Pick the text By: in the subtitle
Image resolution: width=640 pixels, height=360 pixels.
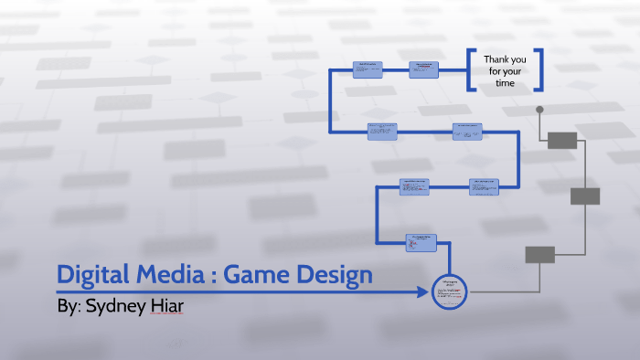69,306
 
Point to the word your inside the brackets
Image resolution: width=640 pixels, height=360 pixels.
517,71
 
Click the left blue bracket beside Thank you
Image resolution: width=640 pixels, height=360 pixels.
470,70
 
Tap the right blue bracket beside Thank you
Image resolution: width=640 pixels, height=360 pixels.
539,70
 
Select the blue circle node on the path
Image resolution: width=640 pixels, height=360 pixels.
448,291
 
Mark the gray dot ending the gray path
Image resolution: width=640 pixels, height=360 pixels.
539,111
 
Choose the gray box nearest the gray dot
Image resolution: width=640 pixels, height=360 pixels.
562,140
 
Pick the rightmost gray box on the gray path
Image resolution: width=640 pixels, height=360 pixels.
585,196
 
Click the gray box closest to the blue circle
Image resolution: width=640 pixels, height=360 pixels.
539,255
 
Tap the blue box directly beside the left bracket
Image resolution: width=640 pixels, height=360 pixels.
425,70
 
